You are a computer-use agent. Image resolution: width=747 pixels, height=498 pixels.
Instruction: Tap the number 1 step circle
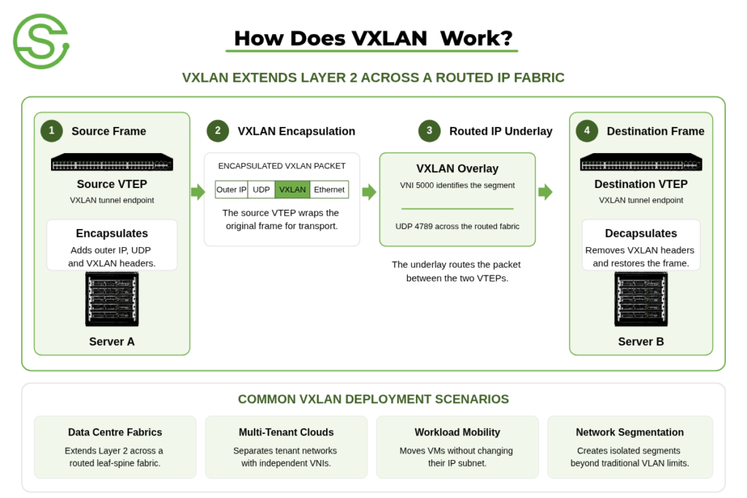click(52, 131)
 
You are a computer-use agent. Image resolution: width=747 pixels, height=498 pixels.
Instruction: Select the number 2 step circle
click(217, 131)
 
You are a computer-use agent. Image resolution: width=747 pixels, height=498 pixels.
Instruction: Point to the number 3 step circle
click(429, 131)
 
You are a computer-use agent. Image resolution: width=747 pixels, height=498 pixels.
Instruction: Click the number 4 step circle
click(587, 131)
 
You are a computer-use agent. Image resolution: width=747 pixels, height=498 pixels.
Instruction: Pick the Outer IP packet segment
click(231, 190)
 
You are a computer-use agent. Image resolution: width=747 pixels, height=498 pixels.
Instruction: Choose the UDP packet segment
click(261, 190)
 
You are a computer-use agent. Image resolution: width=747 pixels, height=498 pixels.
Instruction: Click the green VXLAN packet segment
click(293, 190)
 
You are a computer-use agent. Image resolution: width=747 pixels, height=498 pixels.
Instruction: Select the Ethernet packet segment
click(329, 190)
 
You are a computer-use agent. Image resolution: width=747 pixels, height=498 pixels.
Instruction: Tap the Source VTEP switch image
click(112, 162)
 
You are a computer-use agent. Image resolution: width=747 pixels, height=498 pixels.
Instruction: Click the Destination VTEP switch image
click(641, 162)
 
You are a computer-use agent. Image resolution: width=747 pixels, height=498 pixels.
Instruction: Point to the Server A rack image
click(112, 299)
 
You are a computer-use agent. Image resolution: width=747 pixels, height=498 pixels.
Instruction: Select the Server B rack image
click(641, 299)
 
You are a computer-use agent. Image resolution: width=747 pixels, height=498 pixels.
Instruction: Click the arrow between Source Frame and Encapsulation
click(198, 192)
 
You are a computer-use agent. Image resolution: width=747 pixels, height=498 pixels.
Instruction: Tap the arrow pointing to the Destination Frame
click(546, 192)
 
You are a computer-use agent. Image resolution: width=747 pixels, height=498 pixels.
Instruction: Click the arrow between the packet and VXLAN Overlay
click(369, 192)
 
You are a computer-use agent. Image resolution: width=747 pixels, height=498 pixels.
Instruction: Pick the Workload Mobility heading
click(457, 432)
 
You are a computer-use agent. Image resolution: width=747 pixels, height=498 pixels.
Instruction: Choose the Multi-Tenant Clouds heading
click(286, 432)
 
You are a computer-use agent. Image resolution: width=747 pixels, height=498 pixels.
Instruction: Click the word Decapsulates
click(640, 233)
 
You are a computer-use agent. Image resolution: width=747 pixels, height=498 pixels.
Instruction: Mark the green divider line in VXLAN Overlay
click(457, 209)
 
